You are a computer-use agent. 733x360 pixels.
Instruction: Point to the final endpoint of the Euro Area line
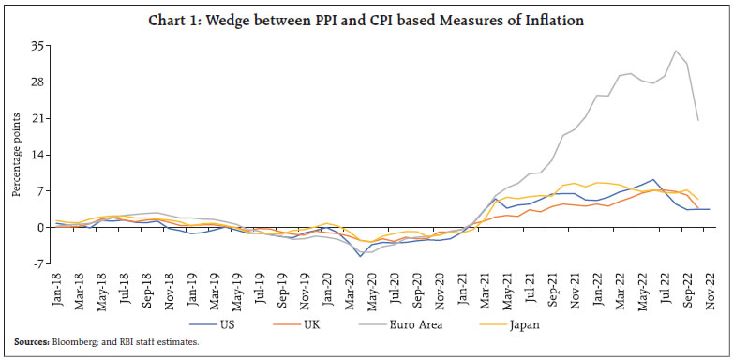click(698, 120)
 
